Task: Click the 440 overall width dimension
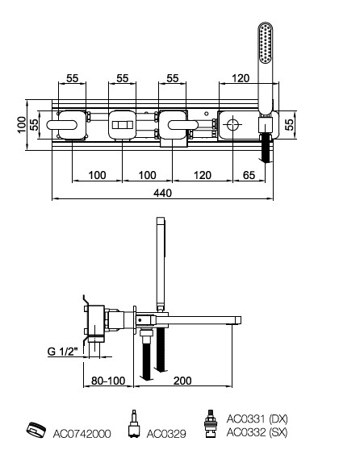162,193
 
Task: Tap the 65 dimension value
249,175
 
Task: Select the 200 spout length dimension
182,381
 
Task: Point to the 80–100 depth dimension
108,381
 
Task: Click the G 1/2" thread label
63,352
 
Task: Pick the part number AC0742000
82,434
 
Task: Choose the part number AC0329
166,434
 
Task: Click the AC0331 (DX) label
257,419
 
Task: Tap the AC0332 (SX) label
257,432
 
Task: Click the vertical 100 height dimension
21,124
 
